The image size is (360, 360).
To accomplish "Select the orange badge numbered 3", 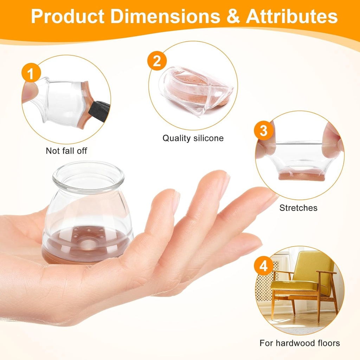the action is [264, 130].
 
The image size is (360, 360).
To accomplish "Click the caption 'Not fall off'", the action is [66, 151].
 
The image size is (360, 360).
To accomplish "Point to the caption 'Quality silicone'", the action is [193, 138].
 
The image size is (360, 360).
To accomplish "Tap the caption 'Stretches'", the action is [298, 208].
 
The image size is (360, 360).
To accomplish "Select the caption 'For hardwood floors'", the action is [300, 343].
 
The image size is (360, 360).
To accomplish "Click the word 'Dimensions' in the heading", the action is [165, 16].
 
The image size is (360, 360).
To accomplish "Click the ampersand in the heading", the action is [233, 16].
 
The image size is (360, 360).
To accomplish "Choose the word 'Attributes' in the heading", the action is [292, 16].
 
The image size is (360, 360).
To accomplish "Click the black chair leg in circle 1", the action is [99, 109].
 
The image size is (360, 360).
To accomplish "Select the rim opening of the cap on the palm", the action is [88, 176].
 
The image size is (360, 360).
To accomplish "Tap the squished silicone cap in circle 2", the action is [196, 91].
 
